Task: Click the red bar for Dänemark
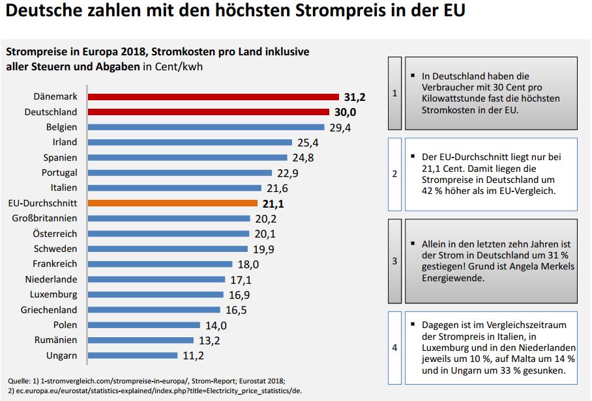(213, 96)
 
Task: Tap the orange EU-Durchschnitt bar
(172, 203)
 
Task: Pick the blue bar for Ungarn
(132, 355)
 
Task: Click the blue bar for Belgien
(206, 127)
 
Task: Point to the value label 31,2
(355, 97)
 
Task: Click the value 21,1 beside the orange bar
(273, 204)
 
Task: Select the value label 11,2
(194, 355)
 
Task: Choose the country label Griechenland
(49, 310)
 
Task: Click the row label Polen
(65, 325)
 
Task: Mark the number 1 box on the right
(394, 93)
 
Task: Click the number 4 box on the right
(394, 347)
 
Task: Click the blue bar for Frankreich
(160, 264)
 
